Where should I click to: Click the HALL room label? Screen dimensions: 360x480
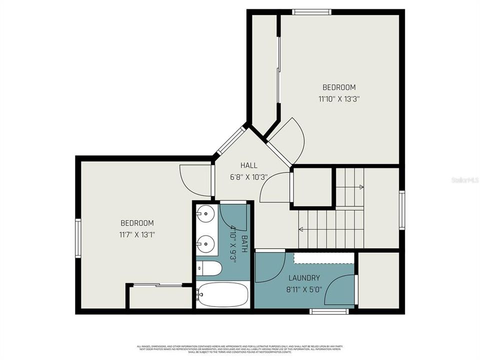click(x=248, y=165)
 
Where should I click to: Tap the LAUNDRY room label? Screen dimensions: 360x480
click(x=303, y=278)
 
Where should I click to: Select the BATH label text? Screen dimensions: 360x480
click(x=244, y=243)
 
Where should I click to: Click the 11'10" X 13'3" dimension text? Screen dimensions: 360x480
click(x=339, y=98)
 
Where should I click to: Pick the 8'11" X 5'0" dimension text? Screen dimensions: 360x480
click(x=303, y=289)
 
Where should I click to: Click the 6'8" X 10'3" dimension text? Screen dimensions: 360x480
click(x=248, y=176)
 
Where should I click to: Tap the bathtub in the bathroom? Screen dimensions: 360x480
click(x=222, y=294)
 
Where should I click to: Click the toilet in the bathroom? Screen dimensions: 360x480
click(x=209, y=269)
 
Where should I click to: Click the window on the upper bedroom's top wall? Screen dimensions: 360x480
click(x=311, y=12)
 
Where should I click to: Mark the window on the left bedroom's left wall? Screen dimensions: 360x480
click(x=78, y=238)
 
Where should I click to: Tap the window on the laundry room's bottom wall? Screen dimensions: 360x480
click(x=329, y=311)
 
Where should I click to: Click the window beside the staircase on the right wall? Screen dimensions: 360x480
click(x=401, y=210)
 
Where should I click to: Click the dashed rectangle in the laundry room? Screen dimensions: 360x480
click(x=323, y=257)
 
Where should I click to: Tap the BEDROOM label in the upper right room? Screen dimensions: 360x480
click(x=339, y=87)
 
